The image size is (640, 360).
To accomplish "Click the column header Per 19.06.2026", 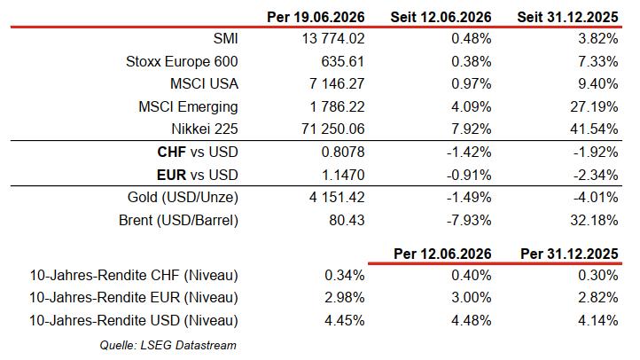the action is [x=316, y=17].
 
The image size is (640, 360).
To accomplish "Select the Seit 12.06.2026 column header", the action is [x=441, y=17].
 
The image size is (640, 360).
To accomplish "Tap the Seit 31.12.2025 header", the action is [x=567, y=17].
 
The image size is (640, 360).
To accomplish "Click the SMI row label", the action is [x=225, y=39].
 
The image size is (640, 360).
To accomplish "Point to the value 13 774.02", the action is [x=333, y=39].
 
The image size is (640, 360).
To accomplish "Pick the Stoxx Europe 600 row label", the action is [x=182, y=62].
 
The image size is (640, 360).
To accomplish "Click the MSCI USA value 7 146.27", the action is [x=337, y=84].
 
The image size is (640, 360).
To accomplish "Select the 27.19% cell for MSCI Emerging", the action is [x=594, y=107].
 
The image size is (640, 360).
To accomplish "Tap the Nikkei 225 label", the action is [x=205, y=129].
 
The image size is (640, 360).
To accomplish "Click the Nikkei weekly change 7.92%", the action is [x=472, y=129].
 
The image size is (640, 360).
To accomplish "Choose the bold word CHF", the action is [x=171, y=153].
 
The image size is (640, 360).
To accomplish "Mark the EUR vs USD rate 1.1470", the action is [x=343, y=175].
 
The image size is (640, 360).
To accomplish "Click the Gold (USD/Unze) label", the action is [x=183, y=198].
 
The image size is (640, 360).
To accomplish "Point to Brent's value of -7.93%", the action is [x=469, y=221].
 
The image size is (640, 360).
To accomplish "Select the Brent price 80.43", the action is [x=347, y=221].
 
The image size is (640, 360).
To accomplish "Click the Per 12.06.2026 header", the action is [x=442, y=254].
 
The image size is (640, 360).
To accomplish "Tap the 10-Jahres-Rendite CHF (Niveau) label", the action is [x=134, y=276].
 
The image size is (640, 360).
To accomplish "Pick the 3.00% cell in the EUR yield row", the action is [x=472, y=298].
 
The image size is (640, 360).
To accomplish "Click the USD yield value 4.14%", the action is [x=598, y=320].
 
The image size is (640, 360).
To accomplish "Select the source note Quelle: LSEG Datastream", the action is [x=168, y=345].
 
